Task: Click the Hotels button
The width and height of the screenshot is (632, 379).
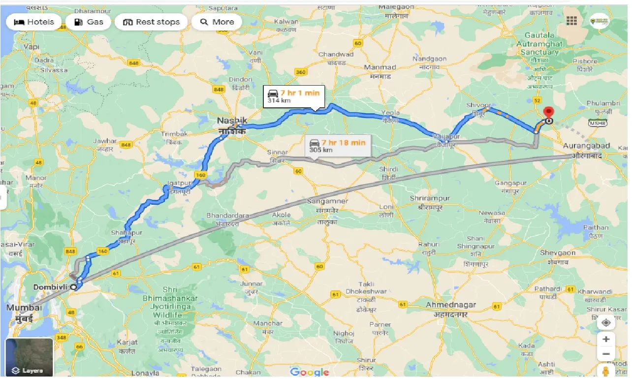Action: coord(33,22)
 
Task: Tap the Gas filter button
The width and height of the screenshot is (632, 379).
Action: coord(89,22)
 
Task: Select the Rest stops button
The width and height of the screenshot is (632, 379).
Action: coord(151,22)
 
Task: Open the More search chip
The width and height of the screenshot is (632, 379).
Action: coord(217,22)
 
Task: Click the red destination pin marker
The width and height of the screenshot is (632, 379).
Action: coord(548,113)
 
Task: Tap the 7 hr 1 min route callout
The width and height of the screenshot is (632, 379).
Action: coord(293,95)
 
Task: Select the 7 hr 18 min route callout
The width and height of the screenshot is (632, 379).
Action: coord(338,146)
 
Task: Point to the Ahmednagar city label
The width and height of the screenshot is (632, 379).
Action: coord(451,305)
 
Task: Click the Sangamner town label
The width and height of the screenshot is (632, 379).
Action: coord(327,201)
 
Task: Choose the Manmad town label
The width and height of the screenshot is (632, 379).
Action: coord(380,67)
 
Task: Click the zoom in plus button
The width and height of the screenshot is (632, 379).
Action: coord(606,339)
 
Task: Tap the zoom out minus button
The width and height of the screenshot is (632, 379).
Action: coord(606,354)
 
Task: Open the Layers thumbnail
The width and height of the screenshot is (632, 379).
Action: coord(29,357)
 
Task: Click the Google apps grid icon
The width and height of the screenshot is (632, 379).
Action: coord(571,21)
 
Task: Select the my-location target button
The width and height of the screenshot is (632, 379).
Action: coord(606,322)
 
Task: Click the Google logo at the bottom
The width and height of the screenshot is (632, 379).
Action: coord(309,372)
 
